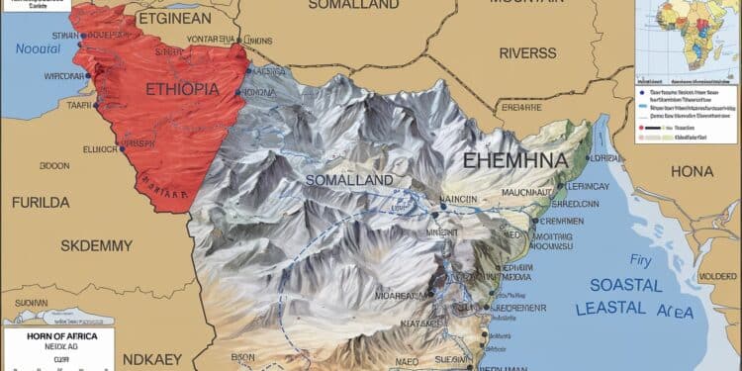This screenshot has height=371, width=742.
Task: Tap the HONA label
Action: (692, 171)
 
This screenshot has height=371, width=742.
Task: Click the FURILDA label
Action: (41, 202)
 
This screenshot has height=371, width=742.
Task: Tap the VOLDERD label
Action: (718, 276)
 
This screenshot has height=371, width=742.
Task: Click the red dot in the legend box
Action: (645, 128)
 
